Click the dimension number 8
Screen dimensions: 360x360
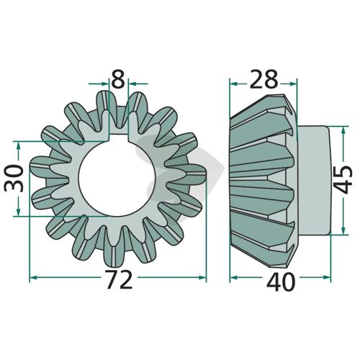point(118,78)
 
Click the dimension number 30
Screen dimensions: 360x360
point(14,178)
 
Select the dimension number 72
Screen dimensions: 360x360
point(119,279)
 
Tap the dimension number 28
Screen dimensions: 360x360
point(264,79)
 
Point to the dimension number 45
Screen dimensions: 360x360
point(343,179)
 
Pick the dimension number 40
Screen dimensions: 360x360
point(281,282)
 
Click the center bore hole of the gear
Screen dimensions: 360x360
point(117,178)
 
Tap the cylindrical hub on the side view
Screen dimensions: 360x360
point(313,180)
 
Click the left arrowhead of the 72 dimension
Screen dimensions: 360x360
point(34,277)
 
